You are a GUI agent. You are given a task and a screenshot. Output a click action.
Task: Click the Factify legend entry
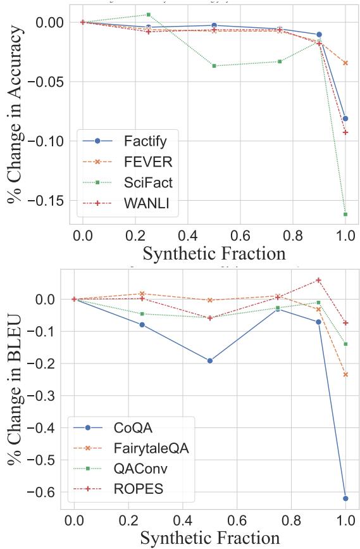tap(145, 140)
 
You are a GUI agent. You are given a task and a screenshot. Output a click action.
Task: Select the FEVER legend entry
tap(144, 161)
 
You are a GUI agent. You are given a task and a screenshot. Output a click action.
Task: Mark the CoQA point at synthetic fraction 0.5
tap(210, 361)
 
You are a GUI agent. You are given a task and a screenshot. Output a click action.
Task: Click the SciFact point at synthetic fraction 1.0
tap(345, 215)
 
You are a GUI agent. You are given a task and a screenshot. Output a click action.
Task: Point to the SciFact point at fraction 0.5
tap(214, 66)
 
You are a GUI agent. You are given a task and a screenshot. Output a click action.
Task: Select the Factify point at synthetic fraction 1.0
tap(345, 118)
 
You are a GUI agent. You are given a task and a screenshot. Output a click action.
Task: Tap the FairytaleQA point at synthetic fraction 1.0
tap(345, 374)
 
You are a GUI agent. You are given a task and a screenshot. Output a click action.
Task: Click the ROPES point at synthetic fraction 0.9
tap(318, 280)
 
